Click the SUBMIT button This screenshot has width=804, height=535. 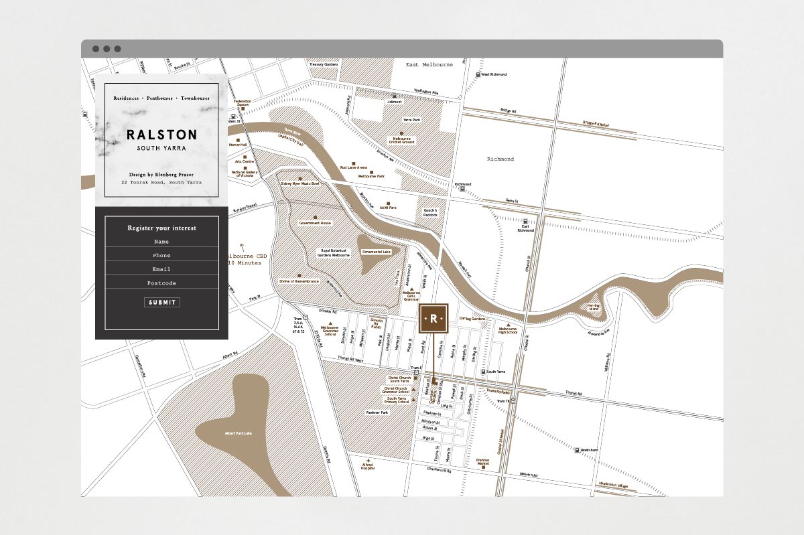pyautogui.click(x=161, y=302)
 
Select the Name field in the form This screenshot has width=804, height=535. pyautogui.click(x=161, y=242)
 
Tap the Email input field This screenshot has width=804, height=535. pyautogui.click(x=161, y=269)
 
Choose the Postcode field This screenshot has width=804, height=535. pyautogui.click(x=161, y=283)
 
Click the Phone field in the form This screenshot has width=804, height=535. pyautogui.click(x=161, y=256)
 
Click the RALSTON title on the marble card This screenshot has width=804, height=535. pyautogui.click(x=161, y=135)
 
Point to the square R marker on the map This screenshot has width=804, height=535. pyautogui.click(x=433, y=319)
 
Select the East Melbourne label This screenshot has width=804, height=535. pyautogui.click(x=429, y=65)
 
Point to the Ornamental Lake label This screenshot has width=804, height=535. pyautogui.click(x=375, y=252)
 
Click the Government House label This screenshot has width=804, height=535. pyautogui.click(x=315, y=223)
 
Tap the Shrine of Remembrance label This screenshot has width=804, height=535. pyautogui.click(x=299, y=281)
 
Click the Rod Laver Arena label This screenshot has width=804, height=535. pyautogui.click(x=353, y=167)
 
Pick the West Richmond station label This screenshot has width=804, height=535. pyautogui.click(x=494, y=74)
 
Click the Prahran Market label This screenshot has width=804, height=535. pyautogui.click(x=483, y=462)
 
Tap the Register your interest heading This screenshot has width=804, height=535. pyautogui.click(x=161, y=228)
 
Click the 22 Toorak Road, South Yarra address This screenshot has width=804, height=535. pyautogui.click(x=161, y=182)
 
